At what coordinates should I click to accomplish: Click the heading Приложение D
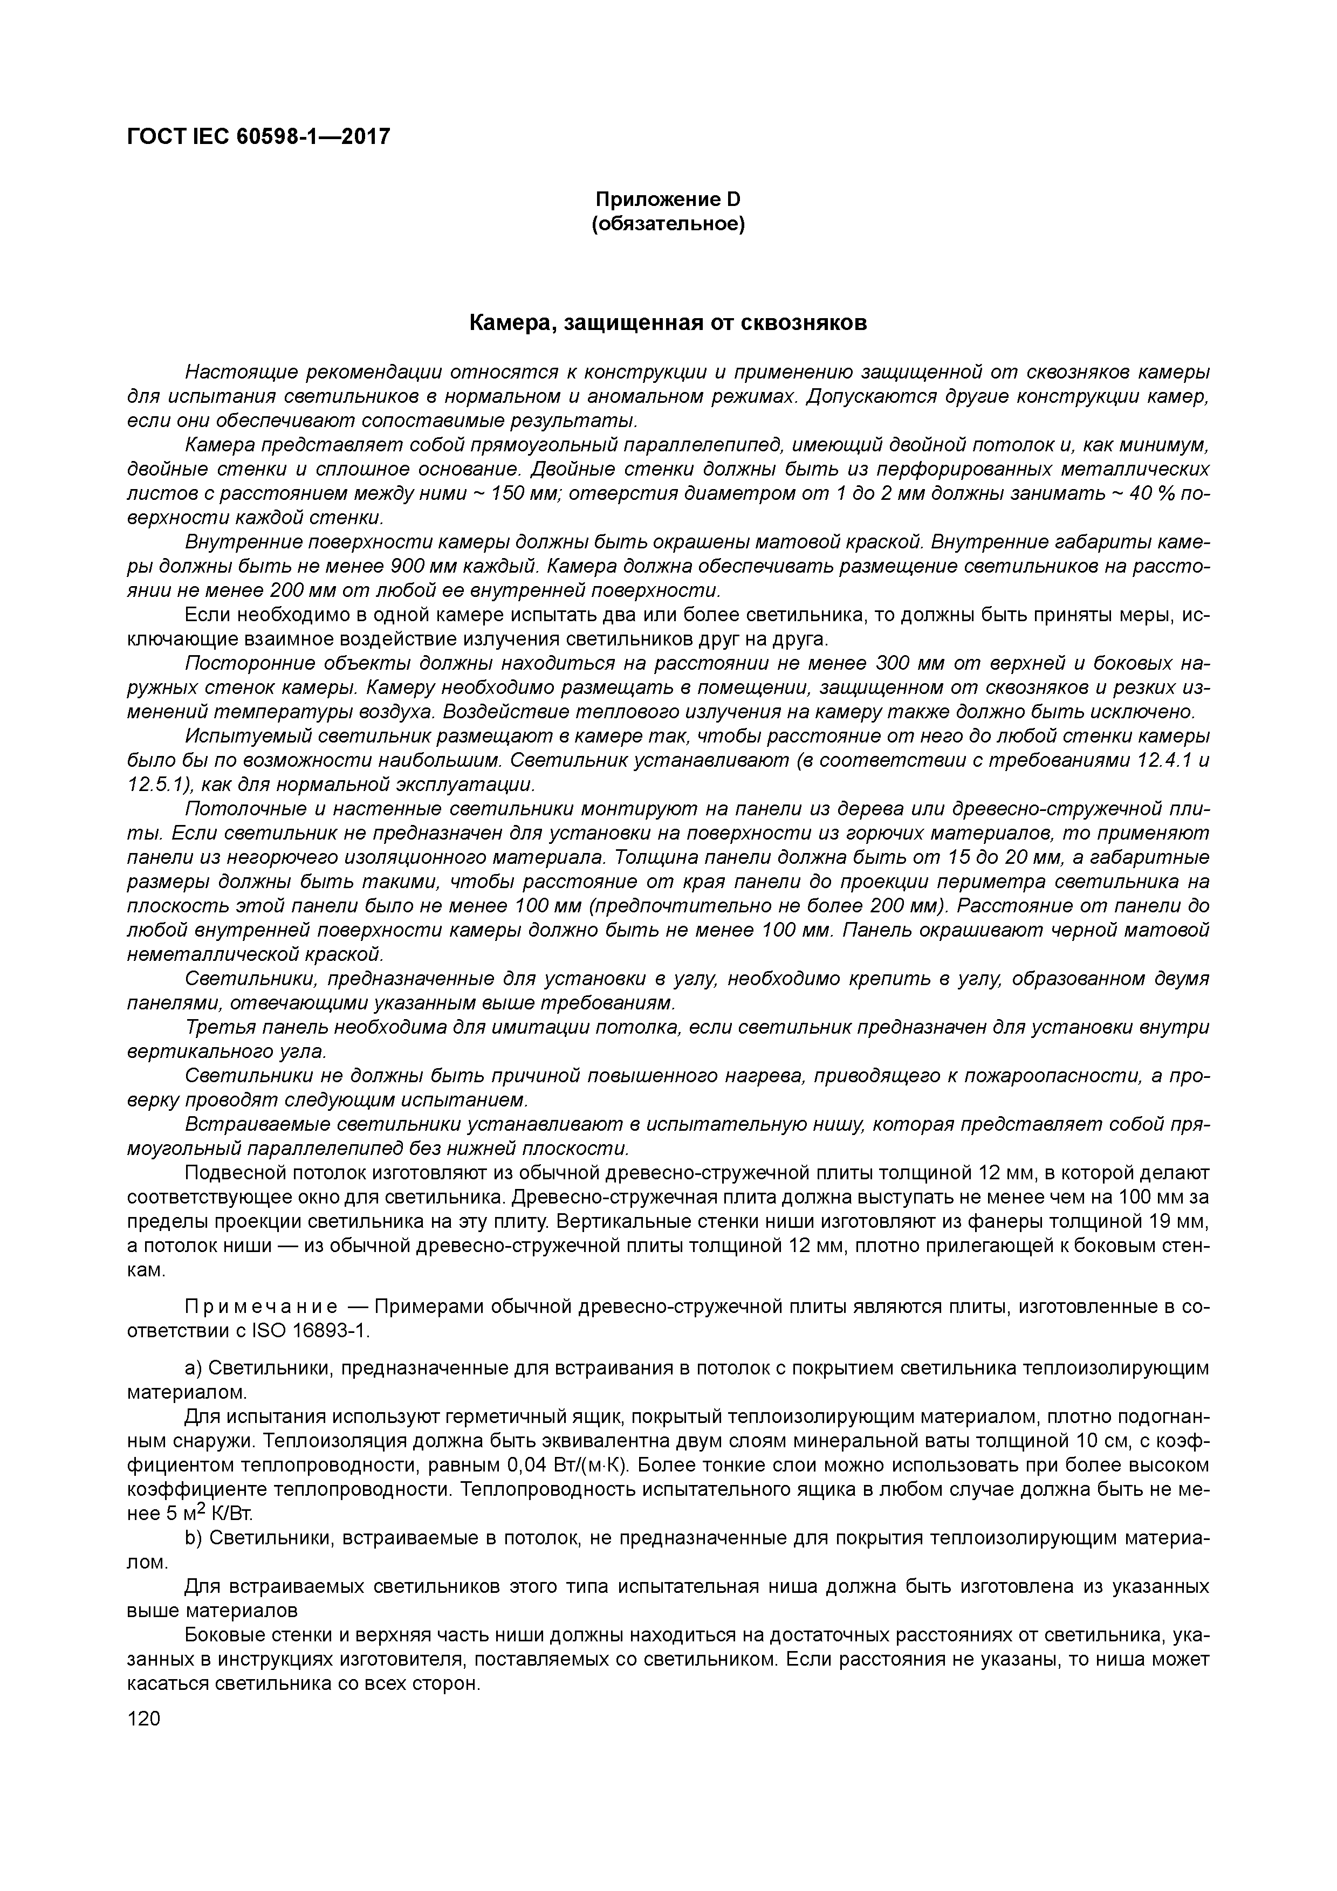(668, 200)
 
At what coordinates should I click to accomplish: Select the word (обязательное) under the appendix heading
(668, 224)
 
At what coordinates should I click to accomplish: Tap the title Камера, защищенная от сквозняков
(668, 324)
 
